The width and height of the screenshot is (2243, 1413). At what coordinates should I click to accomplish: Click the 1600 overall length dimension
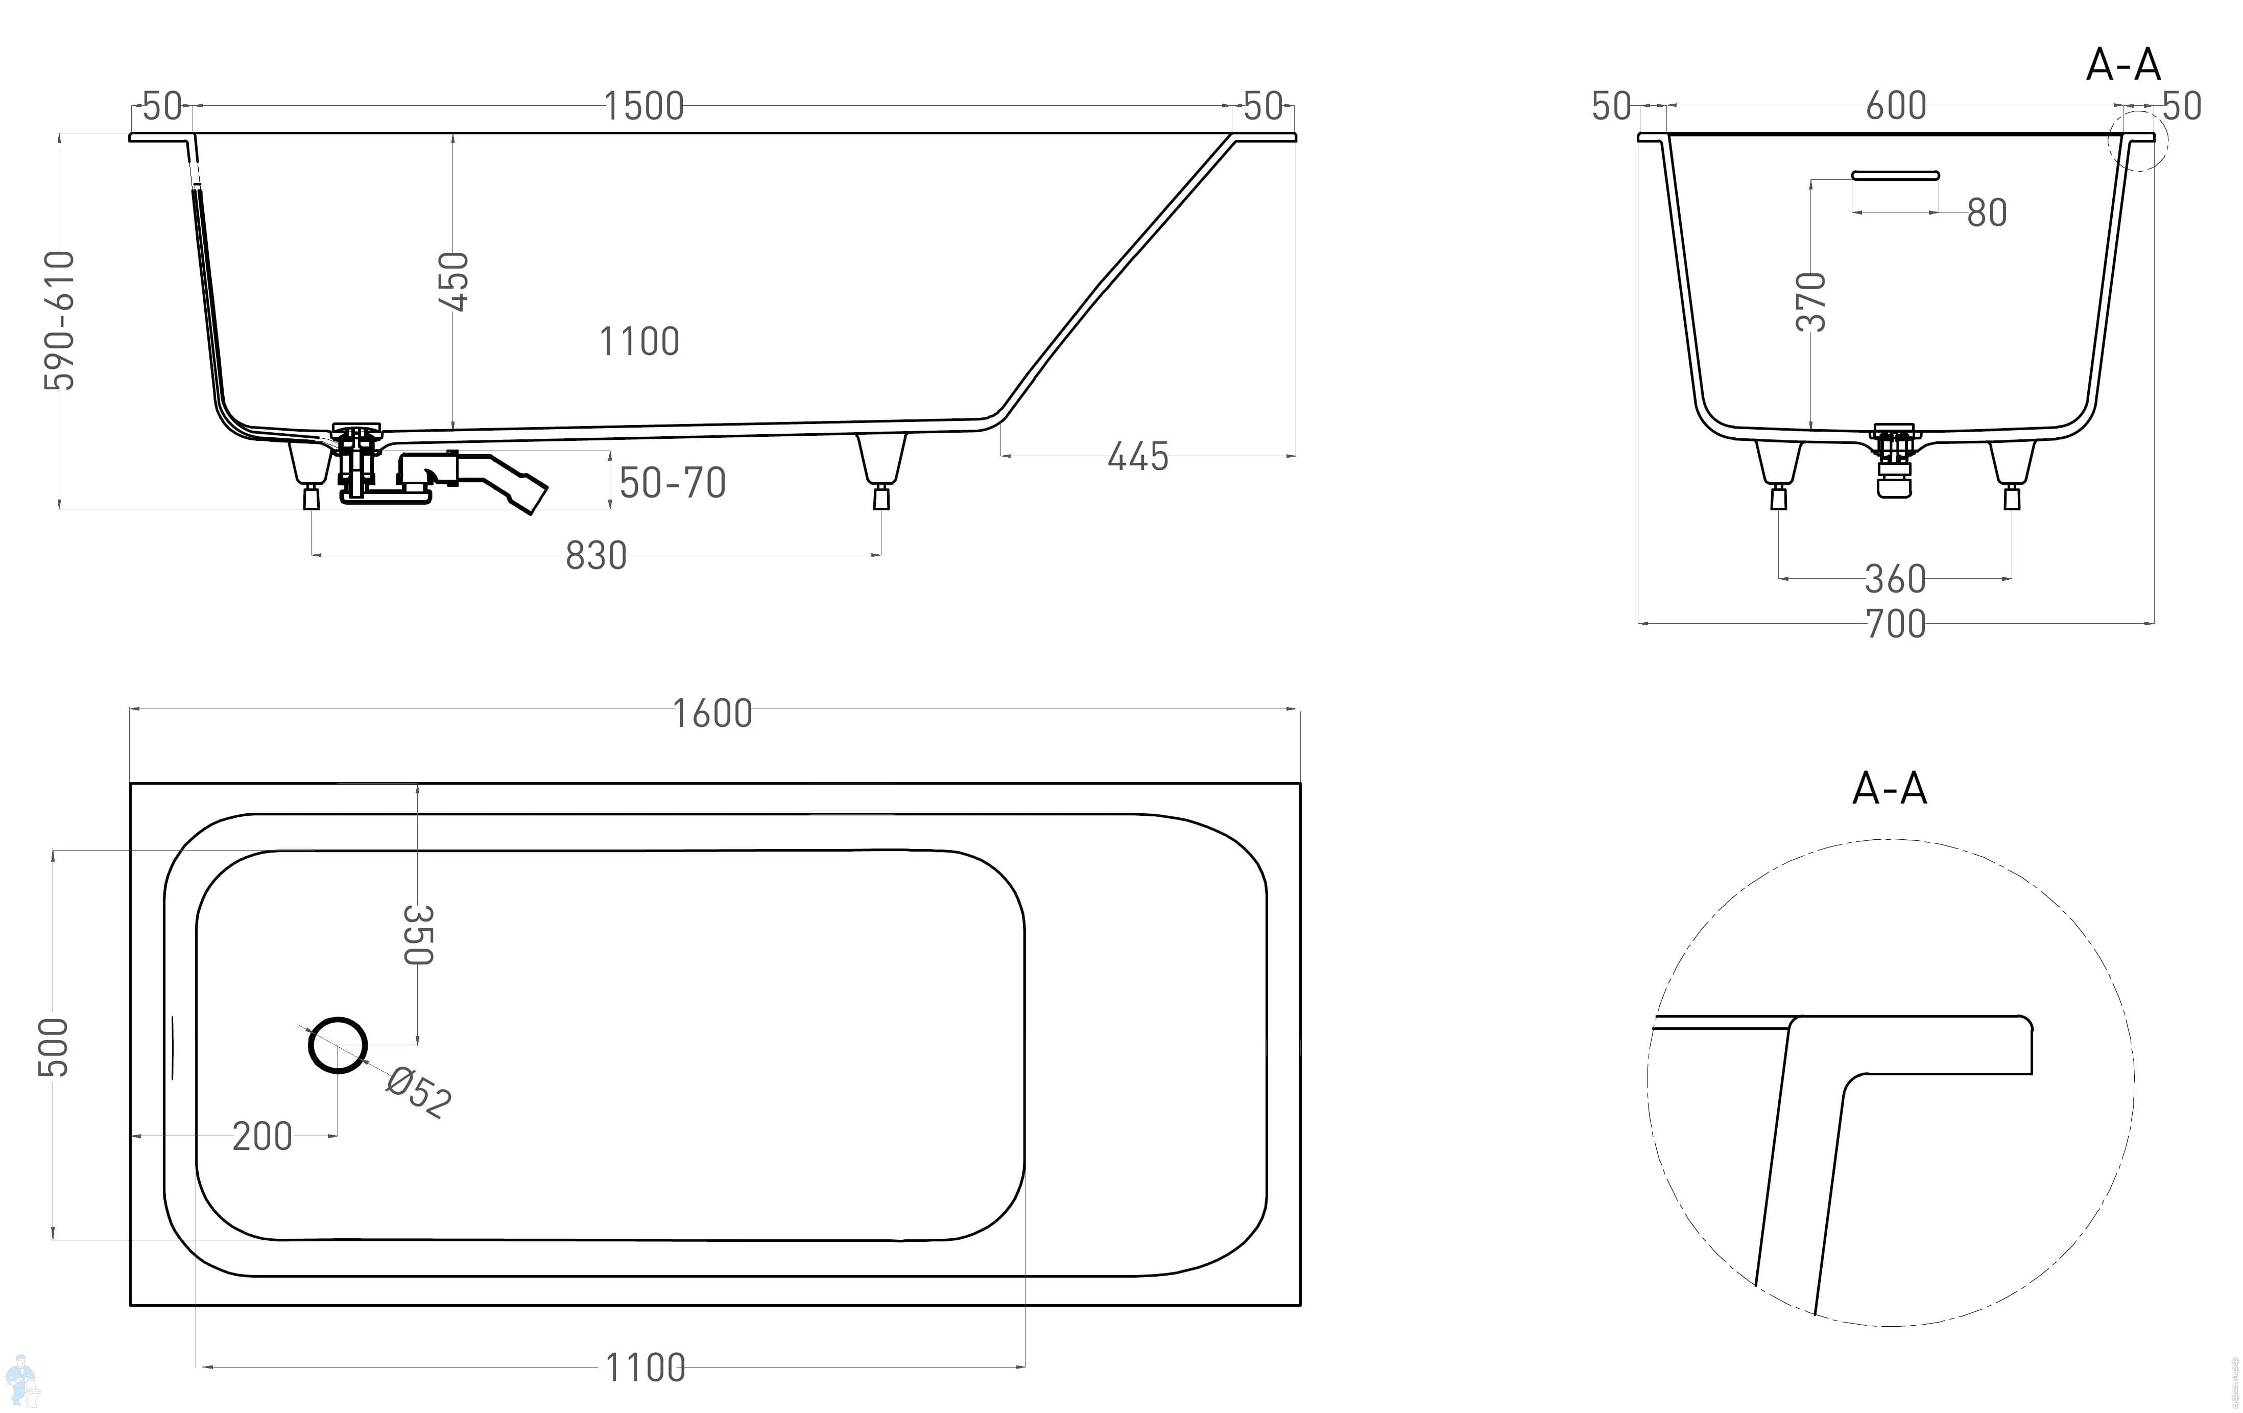click(x=711, y=714)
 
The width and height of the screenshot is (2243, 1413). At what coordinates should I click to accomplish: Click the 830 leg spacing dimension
click(x=596, y=556)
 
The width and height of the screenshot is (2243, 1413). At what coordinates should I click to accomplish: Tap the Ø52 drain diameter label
click(x=419, y=1092)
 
